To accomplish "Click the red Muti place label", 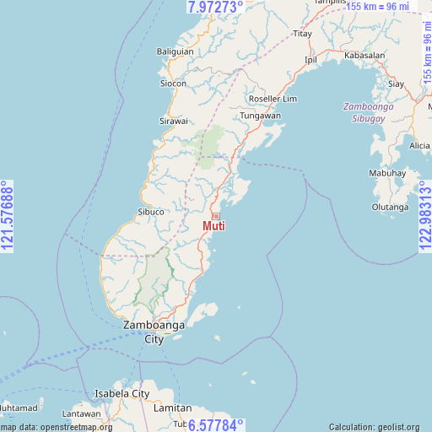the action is [214, 226].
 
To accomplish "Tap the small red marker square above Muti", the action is [215, 217].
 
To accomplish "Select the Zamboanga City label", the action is [154, 332].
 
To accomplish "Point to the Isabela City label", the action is [121, 393].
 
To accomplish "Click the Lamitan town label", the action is [173, 408].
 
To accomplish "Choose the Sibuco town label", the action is [151, 212].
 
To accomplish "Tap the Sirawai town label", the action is [174, 121].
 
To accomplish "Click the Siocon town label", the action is [174, 84].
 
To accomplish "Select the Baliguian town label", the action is [175, 51].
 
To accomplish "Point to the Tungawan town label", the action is [259, 116].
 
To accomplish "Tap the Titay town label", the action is [302, 34].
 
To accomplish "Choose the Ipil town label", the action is [310, 61].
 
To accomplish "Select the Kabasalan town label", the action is [364, 55].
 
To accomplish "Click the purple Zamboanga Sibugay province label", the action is [367, 112].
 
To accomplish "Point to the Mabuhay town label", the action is [387, 173].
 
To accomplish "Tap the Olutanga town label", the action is [391, 207].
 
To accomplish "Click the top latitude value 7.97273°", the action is [215, 7].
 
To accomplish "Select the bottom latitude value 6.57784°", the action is [215, 424].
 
